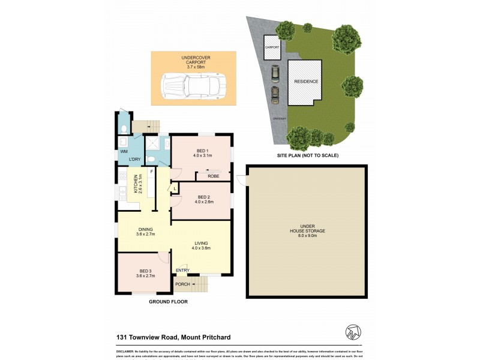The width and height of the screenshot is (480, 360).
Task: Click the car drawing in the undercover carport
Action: pos(192,86)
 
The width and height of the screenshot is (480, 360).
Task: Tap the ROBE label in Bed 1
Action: pos(213,176)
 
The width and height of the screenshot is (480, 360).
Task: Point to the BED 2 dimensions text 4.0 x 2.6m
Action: pos(204,202)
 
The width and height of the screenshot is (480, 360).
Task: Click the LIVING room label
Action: pos(200,243)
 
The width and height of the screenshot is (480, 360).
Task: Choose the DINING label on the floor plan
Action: pos(145,229)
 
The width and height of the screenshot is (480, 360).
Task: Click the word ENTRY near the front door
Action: pos(182,271)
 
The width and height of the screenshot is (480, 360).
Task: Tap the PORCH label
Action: pos(182,284)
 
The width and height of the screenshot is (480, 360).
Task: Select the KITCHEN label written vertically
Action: pos(136,184)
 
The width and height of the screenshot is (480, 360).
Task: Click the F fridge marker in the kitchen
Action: pos(152,172)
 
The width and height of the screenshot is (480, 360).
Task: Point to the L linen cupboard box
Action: pos(174,189)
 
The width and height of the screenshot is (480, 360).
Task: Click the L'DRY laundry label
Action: pos(135,159)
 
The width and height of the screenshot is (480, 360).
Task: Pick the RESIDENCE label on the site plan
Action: pos(306,82)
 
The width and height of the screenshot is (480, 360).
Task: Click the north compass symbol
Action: pos(352,331)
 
